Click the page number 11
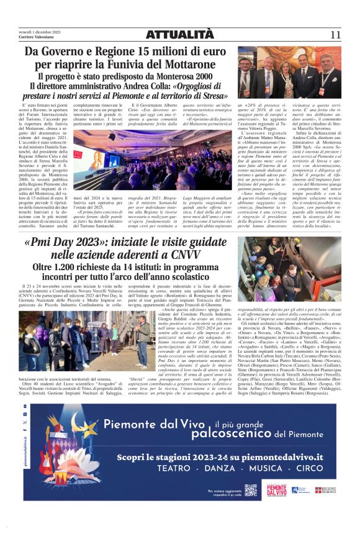pos(335,35)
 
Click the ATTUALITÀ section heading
pos(179,35)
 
